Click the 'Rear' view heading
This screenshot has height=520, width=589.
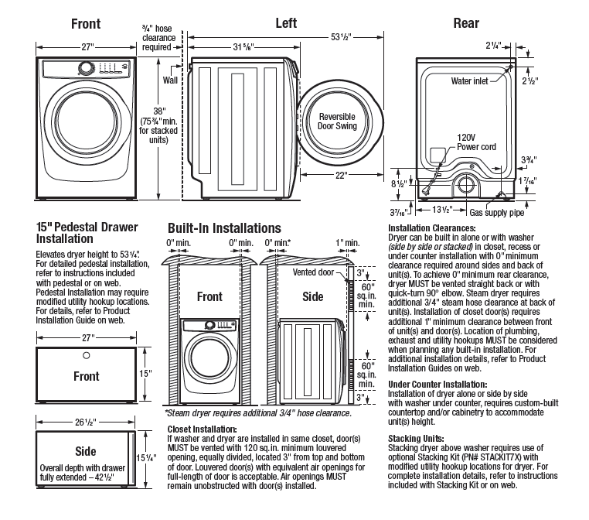[x=466, y=23]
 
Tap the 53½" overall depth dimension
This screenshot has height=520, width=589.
[x=341, y=37]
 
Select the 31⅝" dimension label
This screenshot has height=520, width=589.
[x=243, y=47]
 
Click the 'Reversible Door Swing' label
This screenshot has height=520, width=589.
[x=337, y=121]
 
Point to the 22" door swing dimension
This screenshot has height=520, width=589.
[x=340, y=175]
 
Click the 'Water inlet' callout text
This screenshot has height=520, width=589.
[x=469, y=80]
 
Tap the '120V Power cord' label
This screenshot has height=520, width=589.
[x=476, y=142]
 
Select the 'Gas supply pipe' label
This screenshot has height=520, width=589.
[x=496, y=213]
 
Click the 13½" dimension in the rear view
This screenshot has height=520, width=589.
[x=442, y=210]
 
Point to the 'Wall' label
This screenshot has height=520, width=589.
[x=170, y=80]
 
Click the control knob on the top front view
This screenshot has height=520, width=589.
[x=86, y=69]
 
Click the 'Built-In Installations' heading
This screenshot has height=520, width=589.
[x=224, y=228]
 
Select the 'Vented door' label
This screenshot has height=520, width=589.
[x=313, y=272]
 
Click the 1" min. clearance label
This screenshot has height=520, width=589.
[x=348, y=243]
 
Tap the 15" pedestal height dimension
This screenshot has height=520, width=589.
[x=145, y=373]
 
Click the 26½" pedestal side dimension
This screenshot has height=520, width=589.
[x=86, y=422]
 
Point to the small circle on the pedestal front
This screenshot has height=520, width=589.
[x=86, y=355]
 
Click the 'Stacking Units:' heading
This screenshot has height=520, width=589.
[x=416, y=439]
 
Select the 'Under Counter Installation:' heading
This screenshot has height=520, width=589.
[x=437, y=385]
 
